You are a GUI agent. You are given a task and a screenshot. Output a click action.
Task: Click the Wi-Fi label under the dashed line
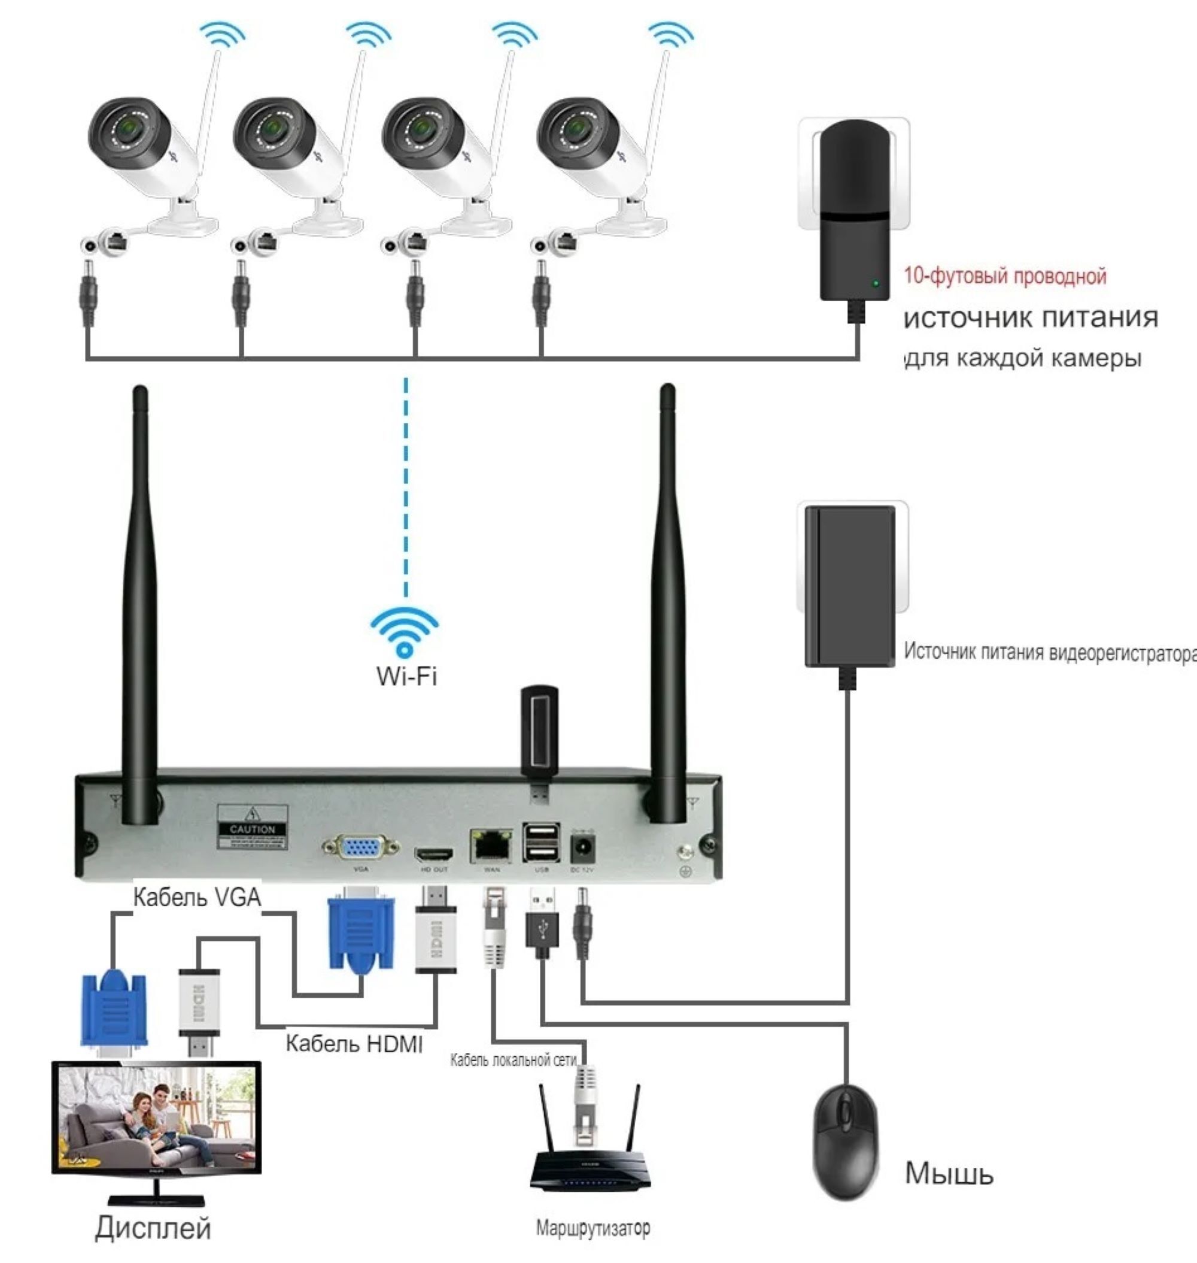pyautogui.click(x=406, y=676)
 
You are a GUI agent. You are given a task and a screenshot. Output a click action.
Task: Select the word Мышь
pyautogui.click(x=949, y=1174)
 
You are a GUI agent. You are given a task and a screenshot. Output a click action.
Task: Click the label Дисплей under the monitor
pyautogui.click(x=153, y=1228)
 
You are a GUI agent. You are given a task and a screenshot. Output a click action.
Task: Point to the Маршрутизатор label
pyautogui.click(x=593, y=1227)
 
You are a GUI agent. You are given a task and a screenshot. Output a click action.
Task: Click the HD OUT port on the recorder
pyautogui.click(x=434, y=854)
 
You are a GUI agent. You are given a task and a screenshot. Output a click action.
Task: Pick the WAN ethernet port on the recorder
pyautogui.click(x=491, y=846)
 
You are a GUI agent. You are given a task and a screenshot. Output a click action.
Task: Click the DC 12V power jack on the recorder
pyautogui.click(x=582, y=849)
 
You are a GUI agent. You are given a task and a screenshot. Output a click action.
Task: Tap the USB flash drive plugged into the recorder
pyautogui.click(x=539, y=734)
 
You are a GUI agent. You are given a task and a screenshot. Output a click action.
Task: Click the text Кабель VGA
pyautogui.click(x=197, y=897)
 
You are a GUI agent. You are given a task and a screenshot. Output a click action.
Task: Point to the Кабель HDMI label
pyautogui.click(x=354, y=1043)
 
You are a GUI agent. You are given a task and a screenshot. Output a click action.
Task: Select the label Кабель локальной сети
pyautogui.click(x=514, y=1060)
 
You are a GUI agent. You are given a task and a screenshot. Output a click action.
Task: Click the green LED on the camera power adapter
pyautogui.click(x=876, y=283)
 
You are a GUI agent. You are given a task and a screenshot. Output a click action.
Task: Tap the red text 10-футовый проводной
pyautogui.click(x=1005, y=276)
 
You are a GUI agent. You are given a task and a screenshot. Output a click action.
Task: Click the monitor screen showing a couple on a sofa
pyautogui.click(x=156, y=1117)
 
